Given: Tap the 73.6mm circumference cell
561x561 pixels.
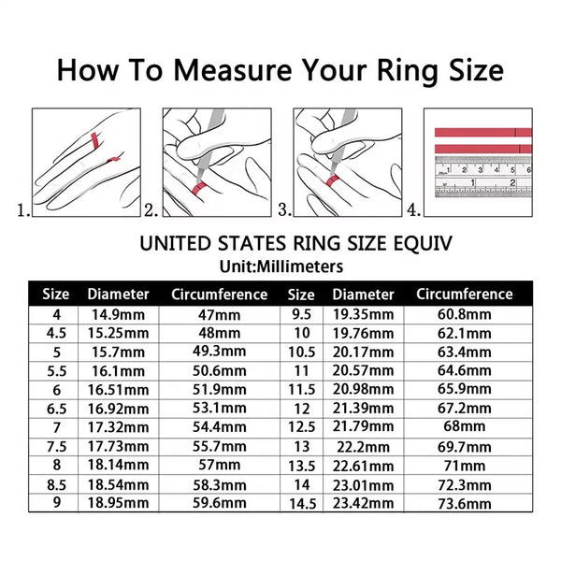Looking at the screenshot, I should point(464,503).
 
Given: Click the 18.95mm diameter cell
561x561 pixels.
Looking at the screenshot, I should point(117,503).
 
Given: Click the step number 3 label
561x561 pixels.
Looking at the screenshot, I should point(285,211).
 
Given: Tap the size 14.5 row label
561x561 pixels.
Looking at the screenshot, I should point(301,503).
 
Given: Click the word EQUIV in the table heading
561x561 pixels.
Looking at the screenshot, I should point(421,243).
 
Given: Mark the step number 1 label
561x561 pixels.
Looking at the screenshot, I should point(23,211).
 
